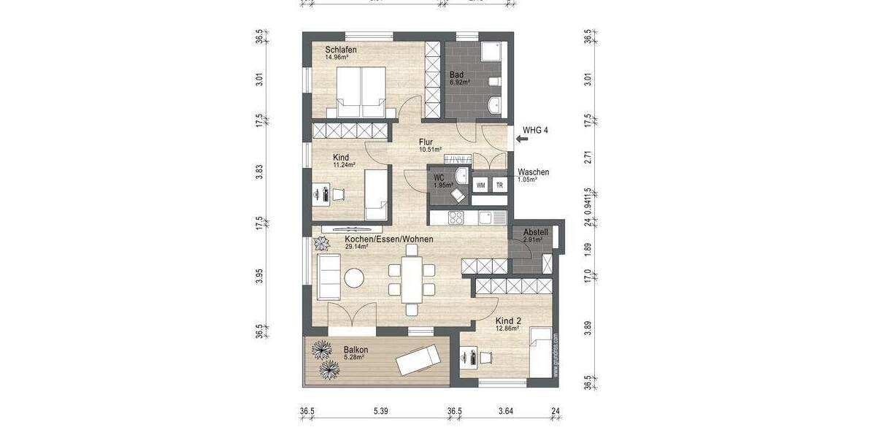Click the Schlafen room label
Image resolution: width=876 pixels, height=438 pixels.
click(341, 49)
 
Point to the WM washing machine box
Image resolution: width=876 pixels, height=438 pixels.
click(480, 185)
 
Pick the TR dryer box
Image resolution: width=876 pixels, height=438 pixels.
click(499, 185)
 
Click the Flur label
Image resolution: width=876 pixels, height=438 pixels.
click(426, 142)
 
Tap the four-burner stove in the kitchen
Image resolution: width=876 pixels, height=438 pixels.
click(456, 217)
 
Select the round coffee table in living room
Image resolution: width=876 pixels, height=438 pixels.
click(355, 278)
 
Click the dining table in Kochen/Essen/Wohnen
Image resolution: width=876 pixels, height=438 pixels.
click(413, 279)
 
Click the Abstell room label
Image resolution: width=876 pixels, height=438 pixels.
click(535, 233)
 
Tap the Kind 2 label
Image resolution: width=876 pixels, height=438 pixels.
click(509, 320)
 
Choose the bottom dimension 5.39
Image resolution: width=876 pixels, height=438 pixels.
click(379, 412)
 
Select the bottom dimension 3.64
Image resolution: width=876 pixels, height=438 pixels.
click(505, 412)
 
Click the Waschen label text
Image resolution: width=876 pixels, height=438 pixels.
click(533, 172)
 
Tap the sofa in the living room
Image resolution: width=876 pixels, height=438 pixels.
click(328, 278)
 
